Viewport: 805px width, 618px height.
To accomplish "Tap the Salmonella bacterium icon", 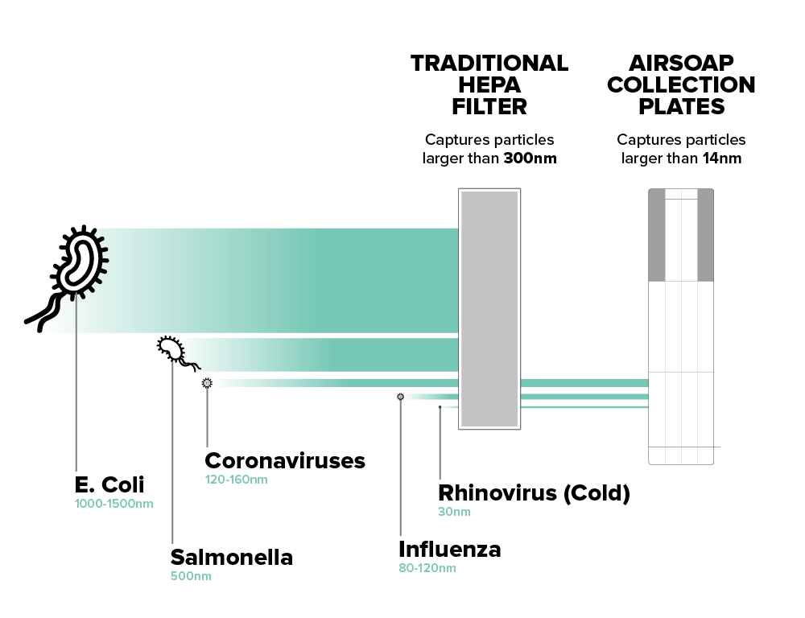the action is [x=174, y=351].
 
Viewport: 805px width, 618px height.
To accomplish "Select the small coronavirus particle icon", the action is [x=207, y=383].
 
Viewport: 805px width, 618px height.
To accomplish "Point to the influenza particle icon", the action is [x=400, y=397].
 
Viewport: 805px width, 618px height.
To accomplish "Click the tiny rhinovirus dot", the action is [x=440, y=407].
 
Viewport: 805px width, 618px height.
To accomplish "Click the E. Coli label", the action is [x=109, y=484].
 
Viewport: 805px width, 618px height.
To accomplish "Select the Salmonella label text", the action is [x=232, y=558].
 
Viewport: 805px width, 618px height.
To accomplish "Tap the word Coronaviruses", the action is [x=285, y=461].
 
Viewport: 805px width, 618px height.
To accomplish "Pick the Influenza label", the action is [x=450, y=550].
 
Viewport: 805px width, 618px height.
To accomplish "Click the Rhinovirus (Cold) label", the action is [x=534, y=493].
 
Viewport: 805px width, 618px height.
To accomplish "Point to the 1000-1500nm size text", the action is [x=114, y=504].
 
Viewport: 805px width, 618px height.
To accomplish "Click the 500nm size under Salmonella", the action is [x=191, y=576].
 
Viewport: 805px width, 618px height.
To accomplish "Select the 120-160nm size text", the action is [x=236, y=480].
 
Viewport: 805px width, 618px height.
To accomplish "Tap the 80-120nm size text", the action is [x=427, y=568].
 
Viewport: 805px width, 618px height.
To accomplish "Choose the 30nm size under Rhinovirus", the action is [x=454, y=512].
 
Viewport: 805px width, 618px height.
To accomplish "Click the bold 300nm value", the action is [x=530, y=159].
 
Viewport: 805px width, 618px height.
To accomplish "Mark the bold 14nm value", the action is [x=722, y=159].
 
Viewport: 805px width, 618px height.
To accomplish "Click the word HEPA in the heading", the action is [x=489, y=85].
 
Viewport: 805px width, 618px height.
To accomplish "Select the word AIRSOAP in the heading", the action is [x=681, y=63].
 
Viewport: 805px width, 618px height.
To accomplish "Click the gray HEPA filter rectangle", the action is [x=489, y=309].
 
